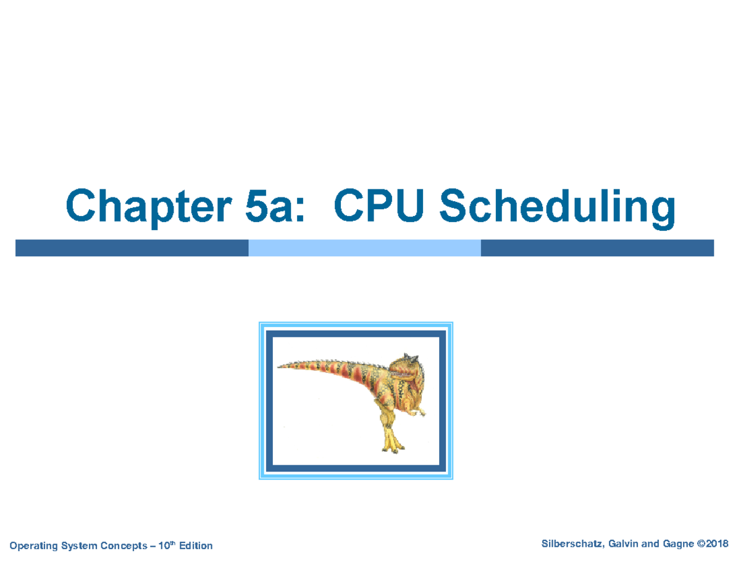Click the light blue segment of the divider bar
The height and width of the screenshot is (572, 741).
pyautogui.click(x=364, y=248)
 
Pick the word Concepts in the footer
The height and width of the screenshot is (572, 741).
pyautogui.click(x=120, y=546)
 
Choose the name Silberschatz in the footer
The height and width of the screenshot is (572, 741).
pyautogui.click(x=571, y=544)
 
